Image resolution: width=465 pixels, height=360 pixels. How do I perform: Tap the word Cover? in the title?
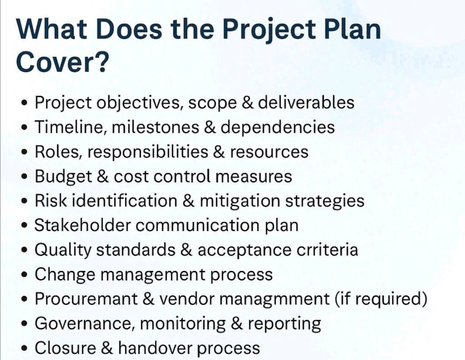coord(61,62)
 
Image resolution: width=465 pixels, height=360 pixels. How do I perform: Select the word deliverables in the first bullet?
coord(306,102)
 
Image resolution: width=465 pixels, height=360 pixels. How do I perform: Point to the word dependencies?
coord(278,128)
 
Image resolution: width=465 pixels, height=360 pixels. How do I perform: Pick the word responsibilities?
coord(148,152)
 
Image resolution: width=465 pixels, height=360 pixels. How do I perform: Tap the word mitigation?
coord(240,201)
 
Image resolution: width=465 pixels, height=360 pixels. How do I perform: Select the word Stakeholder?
coord(83,225)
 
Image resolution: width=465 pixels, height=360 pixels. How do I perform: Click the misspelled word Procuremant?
coord(86,299)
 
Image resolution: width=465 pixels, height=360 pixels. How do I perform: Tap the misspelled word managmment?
coord(275,299)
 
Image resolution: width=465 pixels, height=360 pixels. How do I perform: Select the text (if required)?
coord(381,299)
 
